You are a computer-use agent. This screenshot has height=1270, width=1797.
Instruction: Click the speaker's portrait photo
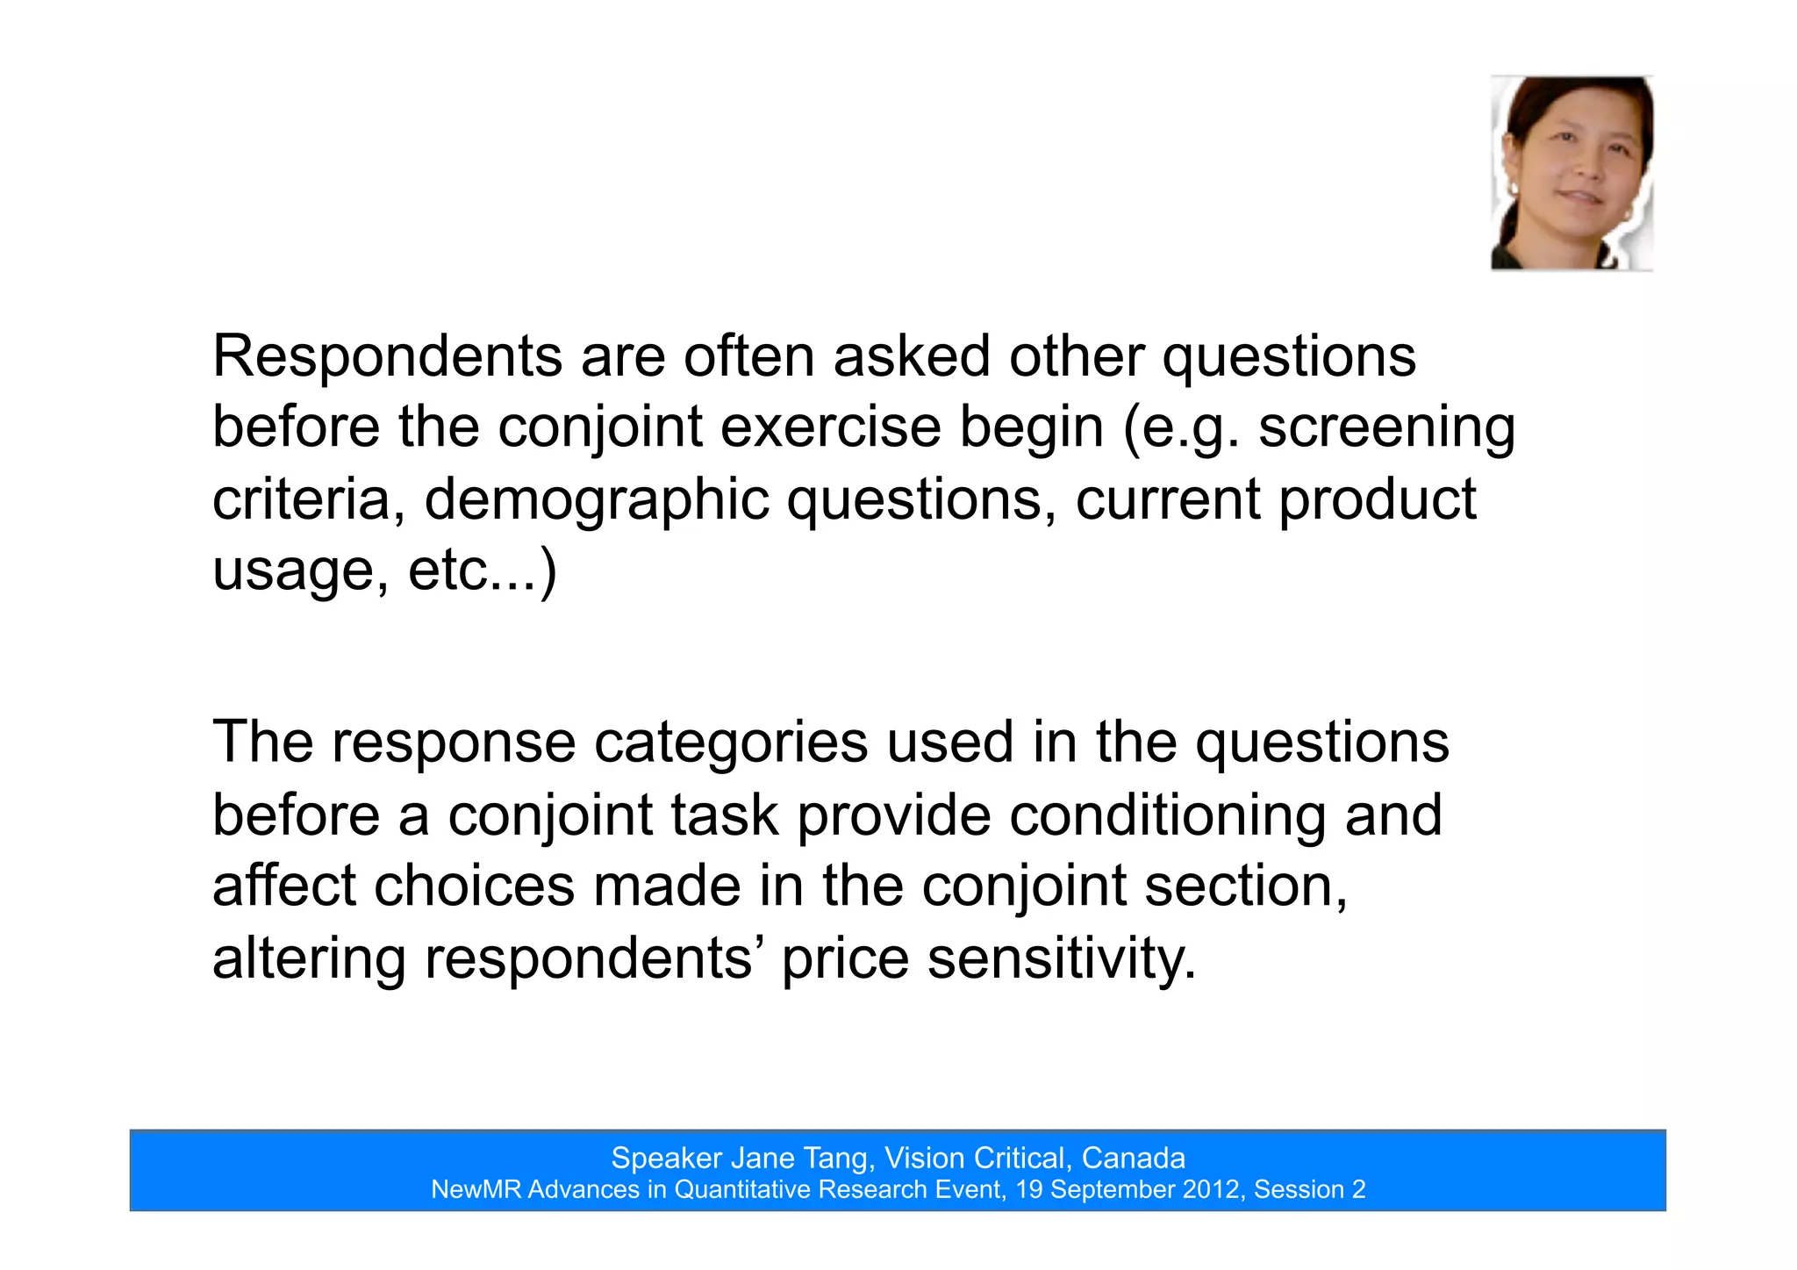coord(1571,173)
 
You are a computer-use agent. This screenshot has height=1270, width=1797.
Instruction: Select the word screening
coord(1386,428)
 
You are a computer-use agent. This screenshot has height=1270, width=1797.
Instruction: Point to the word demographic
coord(596,500)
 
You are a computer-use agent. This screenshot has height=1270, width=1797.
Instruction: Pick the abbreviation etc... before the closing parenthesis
coord(472,570)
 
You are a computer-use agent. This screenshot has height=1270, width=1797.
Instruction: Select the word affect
coord(283,886)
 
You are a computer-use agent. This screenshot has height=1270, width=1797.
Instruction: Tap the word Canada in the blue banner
coord(1133,1159)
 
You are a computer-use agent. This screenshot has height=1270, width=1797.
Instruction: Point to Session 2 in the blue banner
coord(1309,1190)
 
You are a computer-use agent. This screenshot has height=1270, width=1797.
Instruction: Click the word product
coord(1377,500)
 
